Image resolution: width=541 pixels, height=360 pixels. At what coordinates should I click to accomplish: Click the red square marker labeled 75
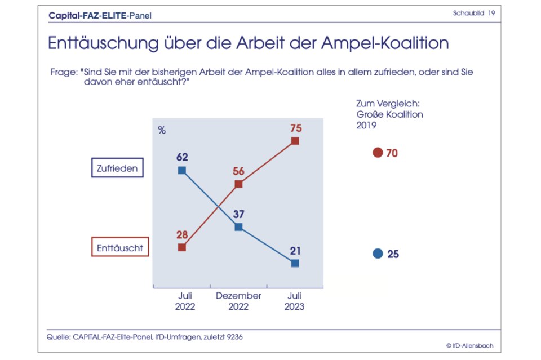tap(295, 141)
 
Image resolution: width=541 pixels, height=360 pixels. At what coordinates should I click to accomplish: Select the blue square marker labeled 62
tap(181, 170)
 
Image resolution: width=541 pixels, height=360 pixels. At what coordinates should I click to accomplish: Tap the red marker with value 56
tap(238, 184)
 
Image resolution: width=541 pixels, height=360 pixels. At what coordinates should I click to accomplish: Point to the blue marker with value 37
tap(238, 226)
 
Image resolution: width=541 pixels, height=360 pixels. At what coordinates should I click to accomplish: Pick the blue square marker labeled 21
tap(295, 263)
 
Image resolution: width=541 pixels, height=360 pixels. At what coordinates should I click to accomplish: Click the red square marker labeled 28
tap(181, 247)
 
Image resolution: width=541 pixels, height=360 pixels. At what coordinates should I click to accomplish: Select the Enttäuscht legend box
tap(120, 247)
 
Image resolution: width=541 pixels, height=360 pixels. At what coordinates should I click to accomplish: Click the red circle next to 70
tap(378, 153)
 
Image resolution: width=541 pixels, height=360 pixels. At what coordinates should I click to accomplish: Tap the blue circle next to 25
tap(378, 254)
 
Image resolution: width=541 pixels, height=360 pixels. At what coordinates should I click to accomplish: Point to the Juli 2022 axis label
tap(184, 301)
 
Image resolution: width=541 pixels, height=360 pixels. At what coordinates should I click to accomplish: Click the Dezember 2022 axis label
tap(238, 301)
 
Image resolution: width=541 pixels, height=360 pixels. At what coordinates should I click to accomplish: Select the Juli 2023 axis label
tap(294, 301)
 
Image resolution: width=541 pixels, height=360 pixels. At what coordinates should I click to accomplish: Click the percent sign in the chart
tap(162, 131)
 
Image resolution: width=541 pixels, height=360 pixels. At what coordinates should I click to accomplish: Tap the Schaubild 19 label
tap(473, 13)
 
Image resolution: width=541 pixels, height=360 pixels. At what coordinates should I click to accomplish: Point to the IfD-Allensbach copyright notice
tap(469, 345)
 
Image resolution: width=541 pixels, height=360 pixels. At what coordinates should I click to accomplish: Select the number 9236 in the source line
tap(234, 336)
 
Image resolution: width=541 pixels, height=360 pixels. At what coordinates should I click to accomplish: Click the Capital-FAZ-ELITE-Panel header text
tap(100, 15)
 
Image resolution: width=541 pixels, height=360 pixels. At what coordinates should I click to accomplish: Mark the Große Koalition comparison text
tap(389, 114)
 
